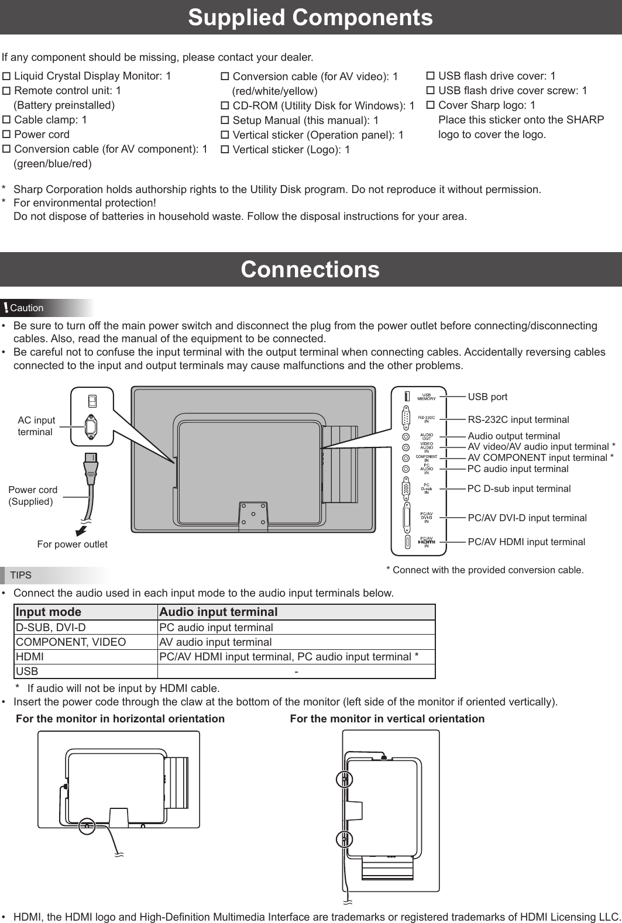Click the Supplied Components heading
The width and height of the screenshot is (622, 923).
tap(310, 18)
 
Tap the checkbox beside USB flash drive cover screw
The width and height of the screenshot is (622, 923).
tap(430, 91)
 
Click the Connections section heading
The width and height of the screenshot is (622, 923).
tap(310, 270)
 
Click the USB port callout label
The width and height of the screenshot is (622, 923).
tap(487, 397)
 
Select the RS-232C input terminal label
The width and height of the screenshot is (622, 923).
tap(518, 419)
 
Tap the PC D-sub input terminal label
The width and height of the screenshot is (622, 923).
tap(518, 488)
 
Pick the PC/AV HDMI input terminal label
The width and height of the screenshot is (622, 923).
tap(526, 542)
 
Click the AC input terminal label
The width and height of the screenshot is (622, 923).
tap(36, 426)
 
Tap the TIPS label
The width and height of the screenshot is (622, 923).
tap(21, 575)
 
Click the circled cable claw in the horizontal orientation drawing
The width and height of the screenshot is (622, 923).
tap(87, 825)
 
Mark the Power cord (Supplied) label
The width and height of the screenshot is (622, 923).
tap(33, 495)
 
